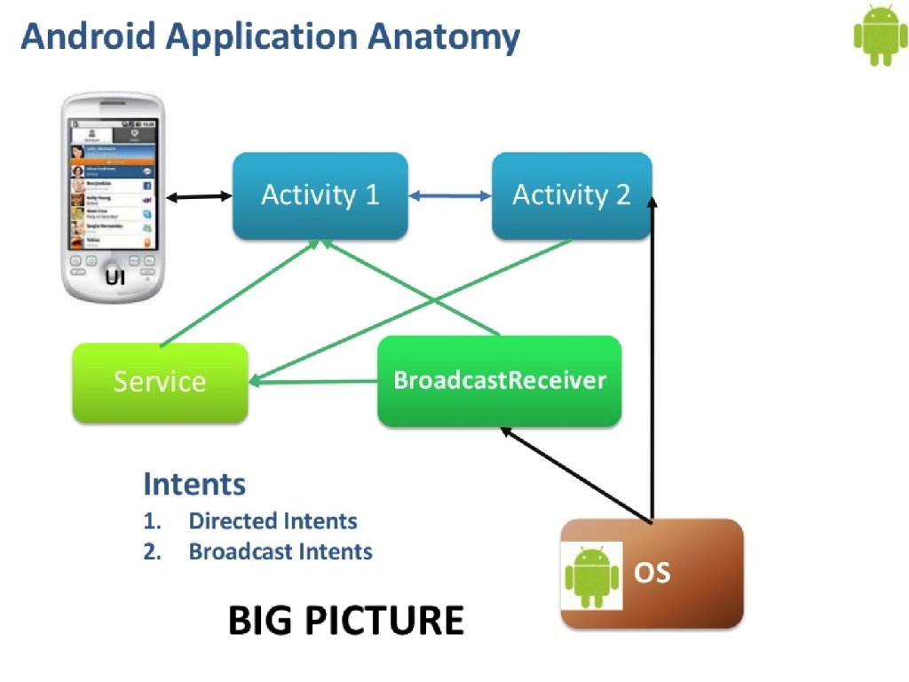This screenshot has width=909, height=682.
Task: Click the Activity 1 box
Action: [x=320, y=195]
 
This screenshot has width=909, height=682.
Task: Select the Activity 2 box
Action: [x=571, y=195]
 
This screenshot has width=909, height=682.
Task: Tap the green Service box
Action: [x=160, y=382]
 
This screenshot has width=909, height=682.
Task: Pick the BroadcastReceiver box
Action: [x=500, y=381]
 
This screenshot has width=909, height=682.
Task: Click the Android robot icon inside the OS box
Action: [x=592, y=575]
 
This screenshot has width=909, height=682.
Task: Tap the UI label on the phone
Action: [x=114, y=278]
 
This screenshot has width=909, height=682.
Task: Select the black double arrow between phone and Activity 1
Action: [x=199, y=195]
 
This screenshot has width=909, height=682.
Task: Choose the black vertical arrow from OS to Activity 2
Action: [x=652, y=355]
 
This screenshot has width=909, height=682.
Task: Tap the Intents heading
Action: [x=194, y=484]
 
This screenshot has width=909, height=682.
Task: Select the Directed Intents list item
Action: [x=273, y=521]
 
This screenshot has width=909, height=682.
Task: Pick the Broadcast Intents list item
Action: [x=281, y=551]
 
